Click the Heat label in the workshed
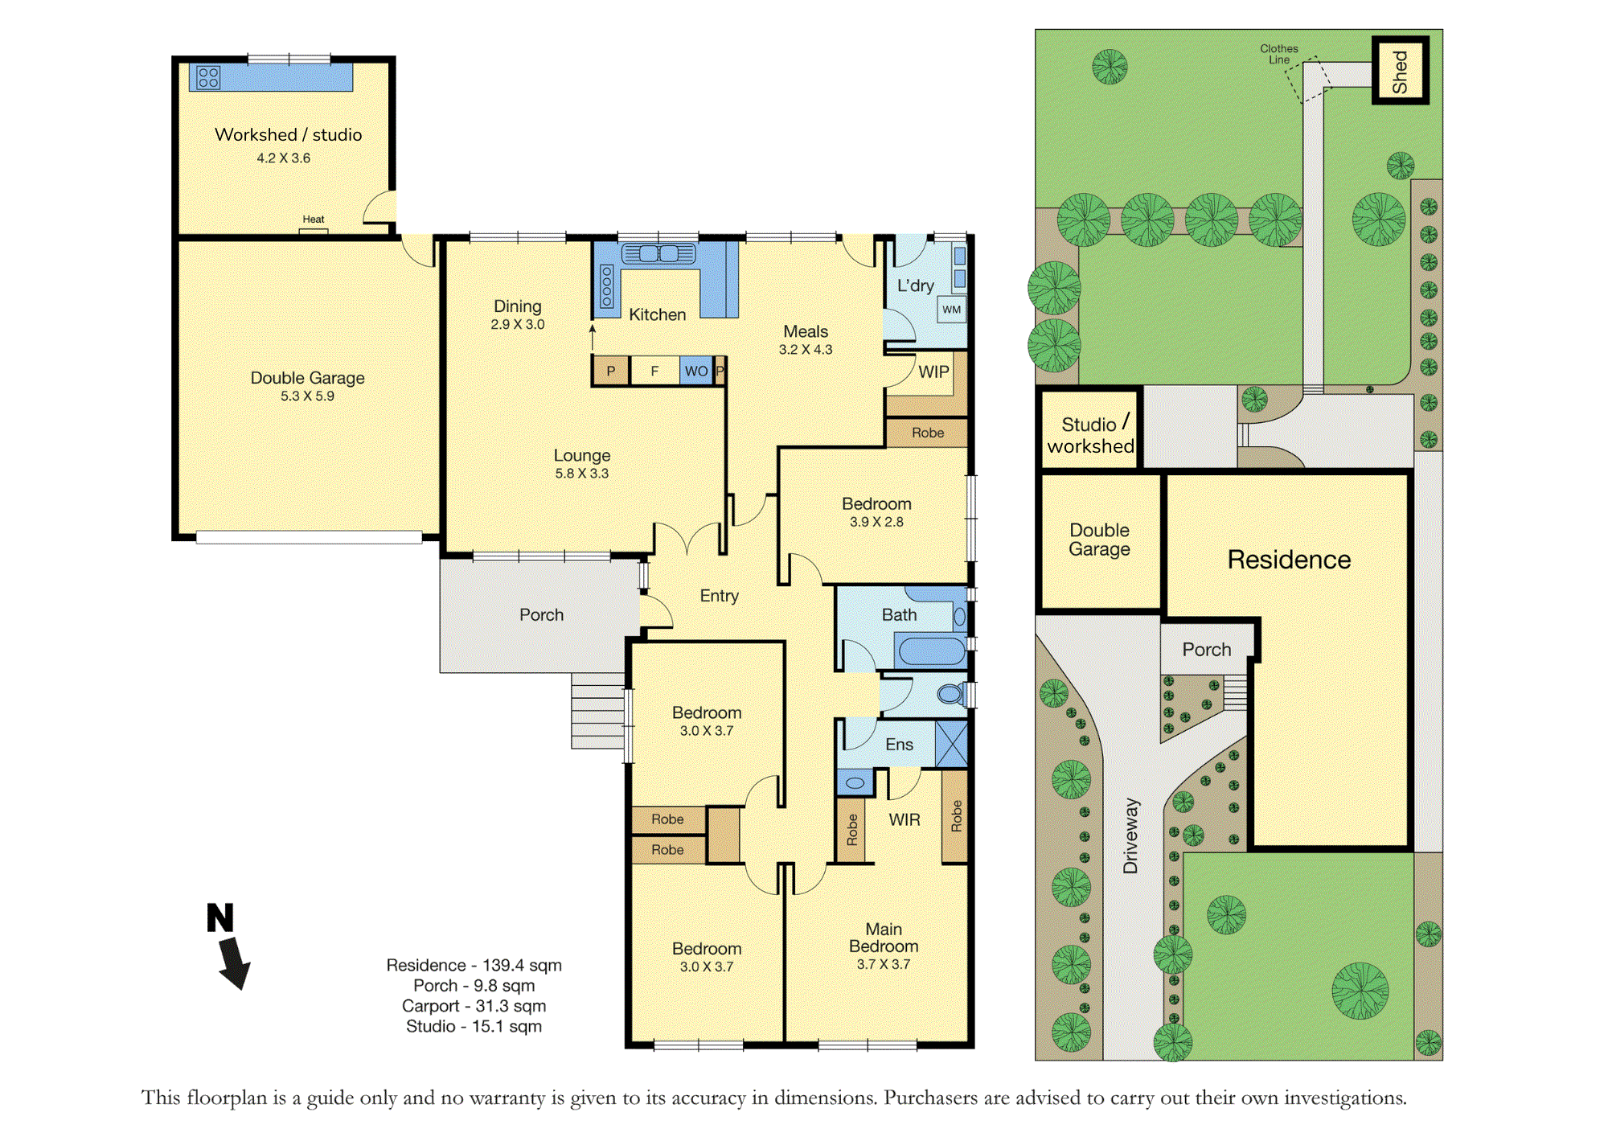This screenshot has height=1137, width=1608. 314,220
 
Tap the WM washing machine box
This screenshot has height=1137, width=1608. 952,310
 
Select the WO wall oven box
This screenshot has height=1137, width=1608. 696,371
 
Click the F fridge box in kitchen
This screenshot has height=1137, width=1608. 654,371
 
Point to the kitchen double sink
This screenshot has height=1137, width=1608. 658,254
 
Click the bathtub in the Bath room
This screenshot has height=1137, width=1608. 931,651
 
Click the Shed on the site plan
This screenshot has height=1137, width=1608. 1400,71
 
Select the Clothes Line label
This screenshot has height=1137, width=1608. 1278,54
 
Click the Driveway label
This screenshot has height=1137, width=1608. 1130,835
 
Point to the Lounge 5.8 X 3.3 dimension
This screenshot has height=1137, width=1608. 582,474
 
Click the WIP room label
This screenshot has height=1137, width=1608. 933,372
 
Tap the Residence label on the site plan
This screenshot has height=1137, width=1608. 1289,560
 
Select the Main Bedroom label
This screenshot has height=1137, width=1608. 884,938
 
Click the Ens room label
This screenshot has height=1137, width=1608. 899,745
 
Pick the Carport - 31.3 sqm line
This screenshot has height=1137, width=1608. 474,1006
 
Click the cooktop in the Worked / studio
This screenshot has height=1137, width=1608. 208,77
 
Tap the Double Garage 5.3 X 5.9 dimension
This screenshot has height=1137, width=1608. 307,396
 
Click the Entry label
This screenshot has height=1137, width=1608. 719,596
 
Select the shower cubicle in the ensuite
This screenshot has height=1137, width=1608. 951,745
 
